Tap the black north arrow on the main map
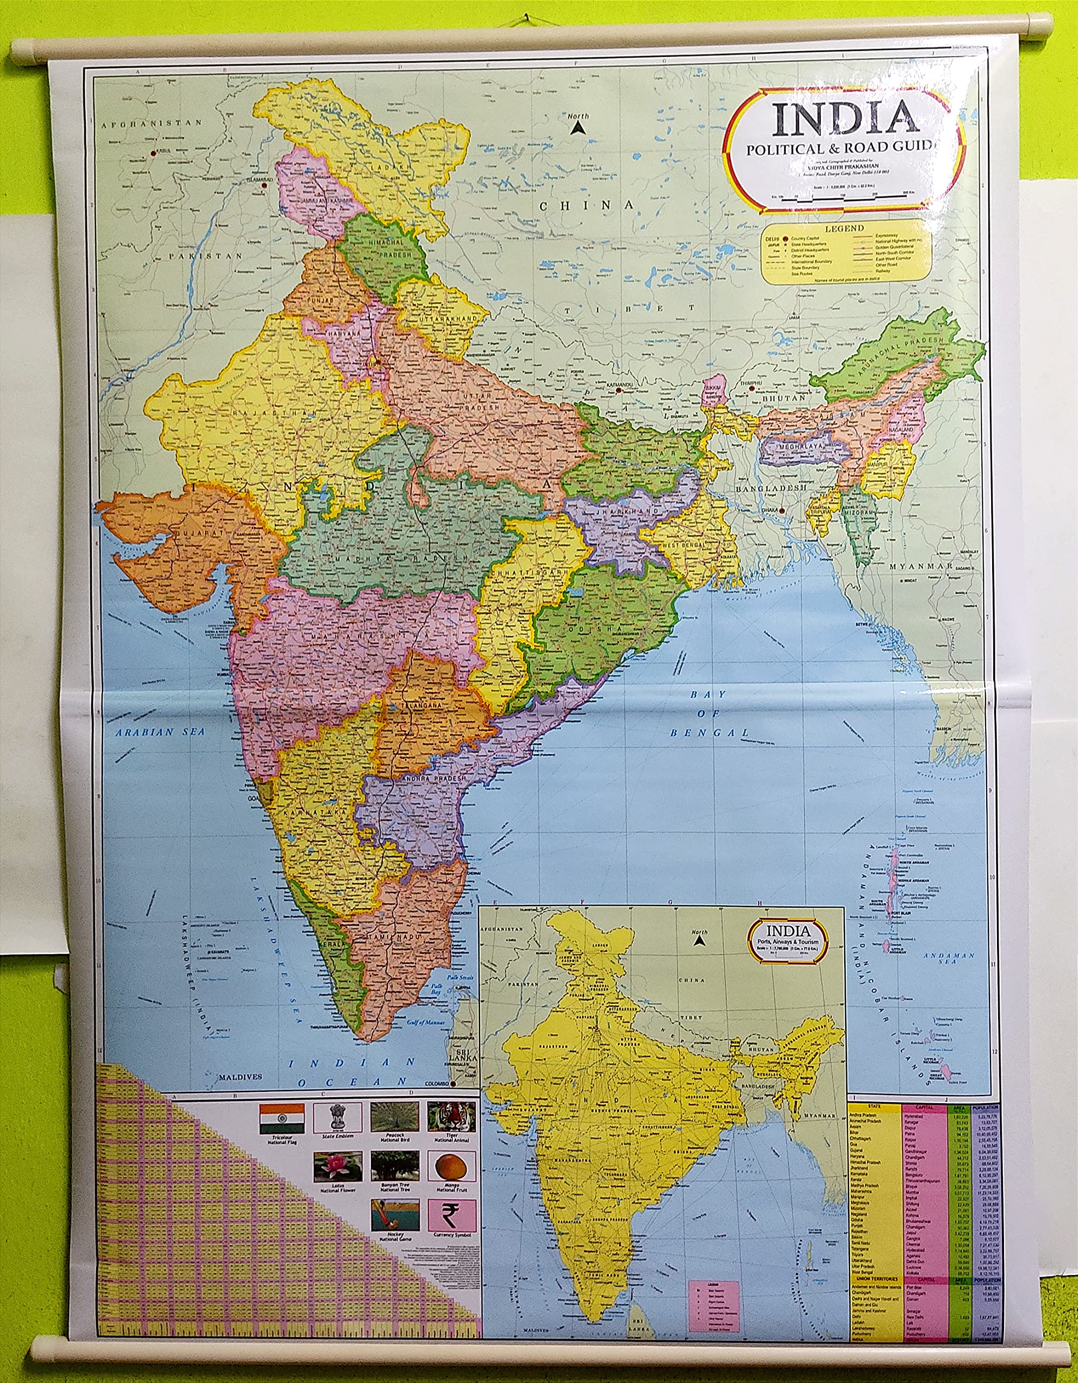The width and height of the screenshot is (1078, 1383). pos(577,128)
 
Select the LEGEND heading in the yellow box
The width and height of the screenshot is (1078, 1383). pos(845,228)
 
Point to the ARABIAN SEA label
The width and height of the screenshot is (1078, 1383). pos(160,732)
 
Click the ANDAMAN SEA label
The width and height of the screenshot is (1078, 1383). pos(949,959)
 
